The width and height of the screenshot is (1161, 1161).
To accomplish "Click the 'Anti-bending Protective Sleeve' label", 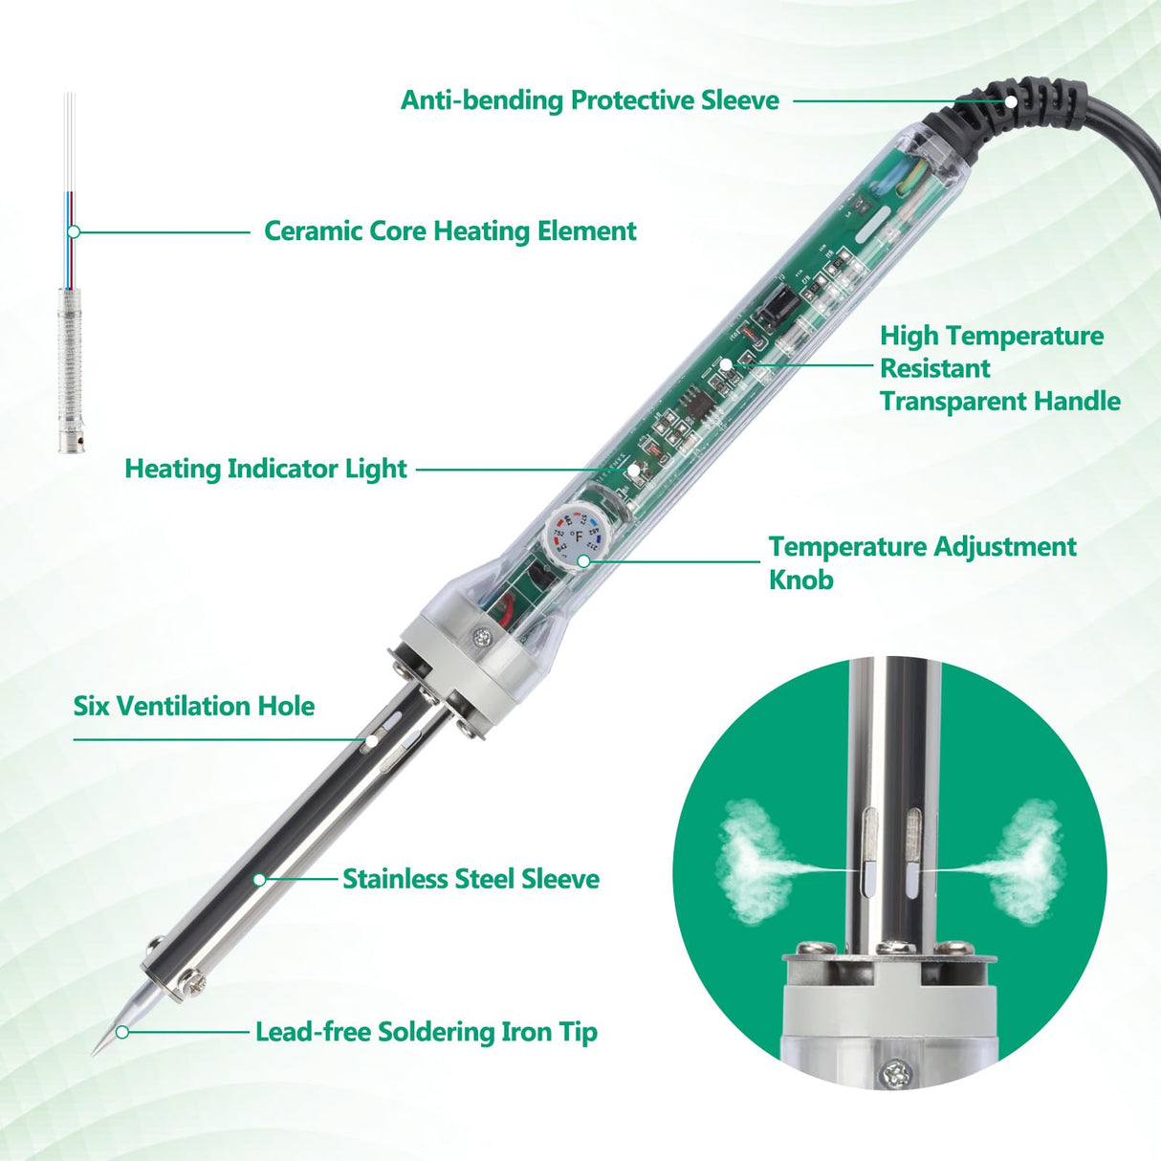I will (589, 100).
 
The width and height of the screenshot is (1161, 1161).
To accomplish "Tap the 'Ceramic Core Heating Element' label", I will (449, 231).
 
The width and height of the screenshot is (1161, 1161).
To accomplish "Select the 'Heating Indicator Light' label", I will (266, 469).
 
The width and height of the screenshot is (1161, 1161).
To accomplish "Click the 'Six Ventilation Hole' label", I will (194, 707).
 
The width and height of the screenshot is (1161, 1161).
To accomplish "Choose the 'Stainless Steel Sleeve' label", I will (471, 879).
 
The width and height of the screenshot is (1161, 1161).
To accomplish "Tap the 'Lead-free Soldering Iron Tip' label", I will (426, 1032).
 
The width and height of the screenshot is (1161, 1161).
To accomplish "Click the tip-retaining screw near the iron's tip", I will (194, 980).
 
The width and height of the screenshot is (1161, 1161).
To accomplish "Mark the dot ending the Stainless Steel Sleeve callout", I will (259, 879).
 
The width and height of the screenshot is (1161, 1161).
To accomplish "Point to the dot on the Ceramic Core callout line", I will (74, 231).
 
